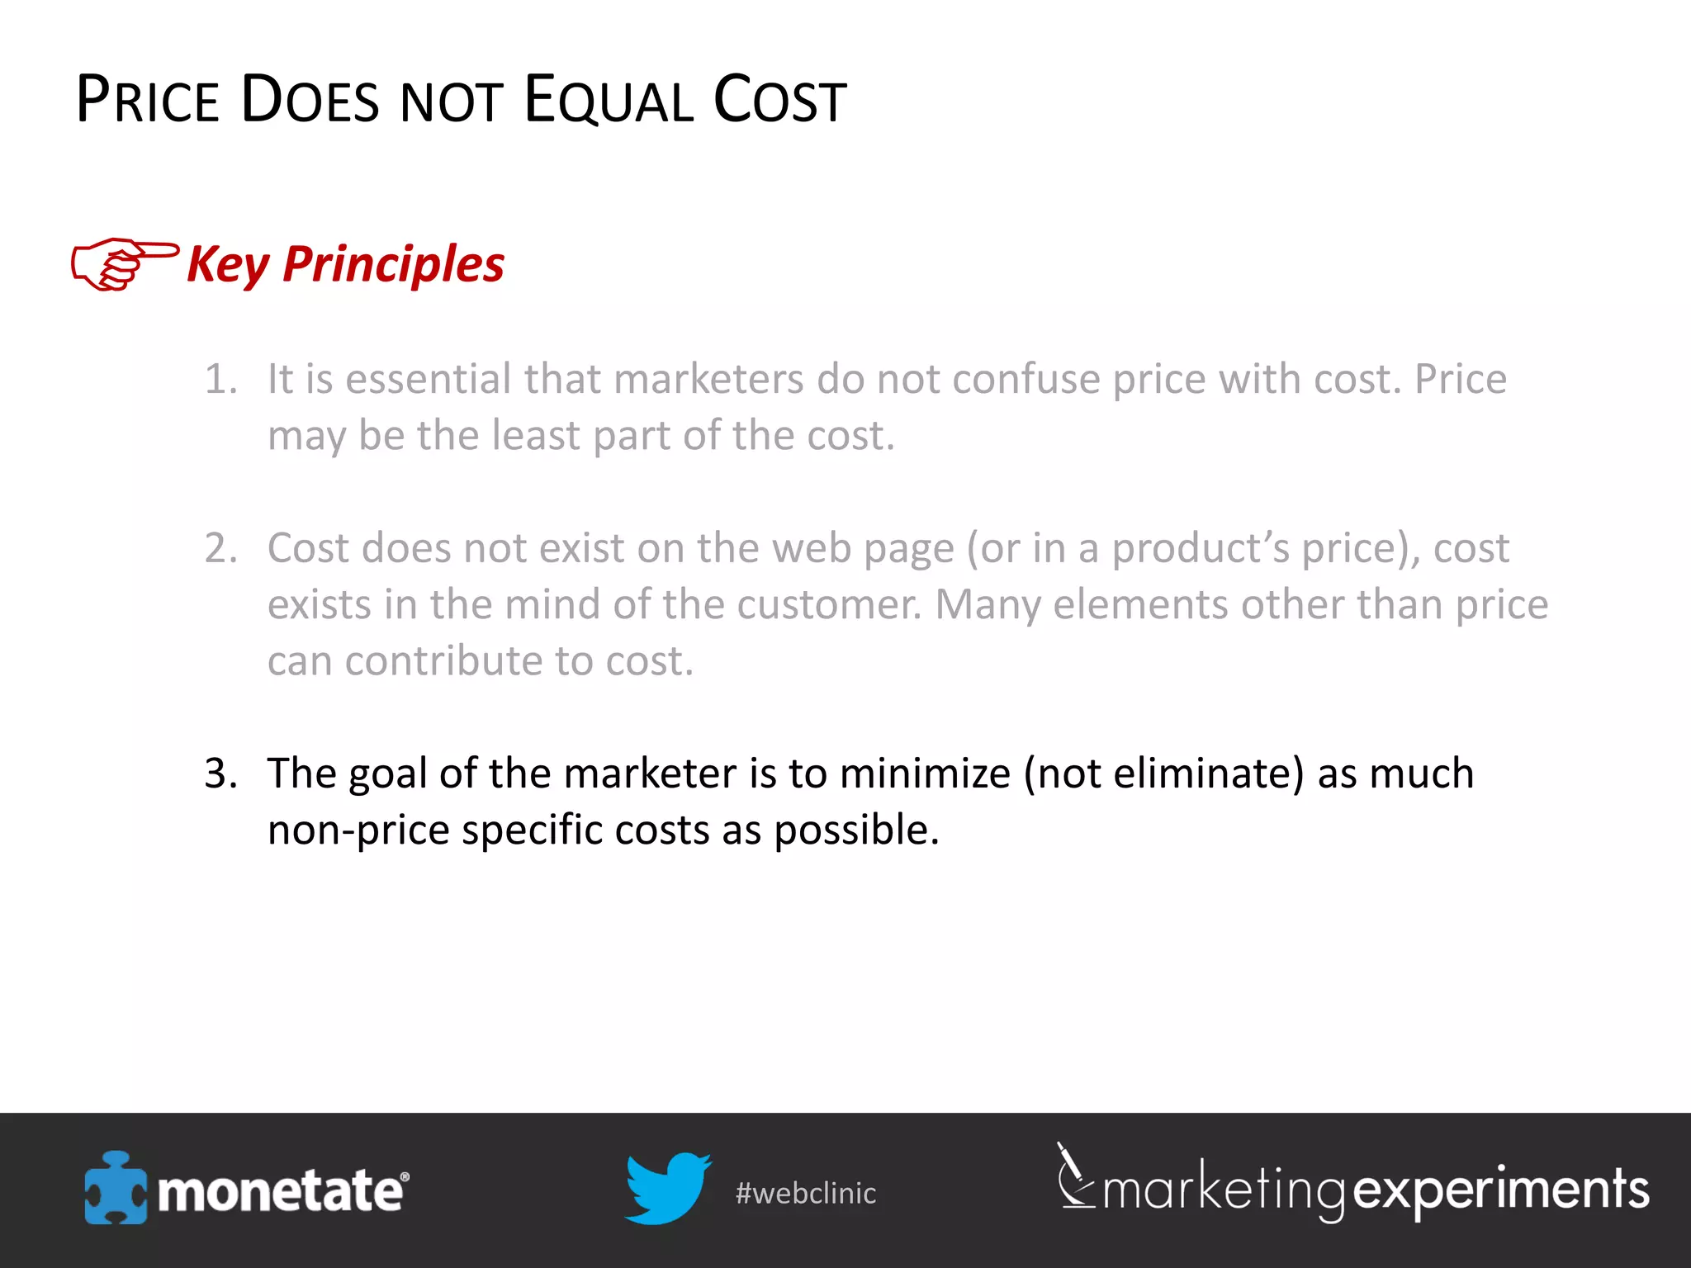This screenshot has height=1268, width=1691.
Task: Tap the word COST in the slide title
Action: point(779,101)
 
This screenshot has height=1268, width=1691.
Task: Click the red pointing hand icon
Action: point(124,263)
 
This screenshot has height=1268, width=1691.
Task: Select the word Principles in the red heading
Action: point(393,264)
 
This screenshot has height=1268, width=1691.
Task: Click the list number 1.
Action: point(220,380)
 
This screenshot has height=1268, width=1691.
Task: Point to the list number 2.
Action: point(220,548)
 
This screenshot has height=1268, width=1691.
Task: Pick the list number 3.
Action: point(220,774)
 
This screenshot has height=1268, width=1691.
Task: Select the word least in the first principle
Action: point(535,435)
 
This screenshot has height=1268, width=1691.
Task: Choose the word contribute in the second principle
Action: point(443,661)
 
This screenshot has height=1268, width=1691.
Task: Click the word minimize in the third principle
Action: point(925,774)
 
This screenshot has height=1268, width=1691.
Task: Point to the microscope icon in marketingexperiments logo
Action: point(1074,1176)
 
